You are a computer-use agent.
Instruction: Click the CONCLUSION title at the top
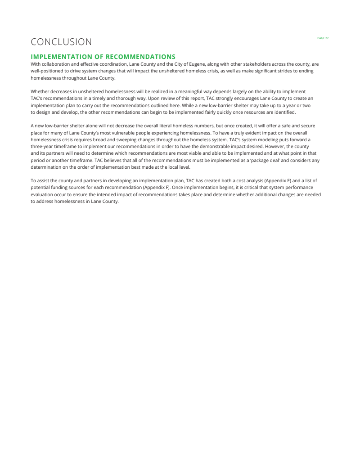pos(61,42)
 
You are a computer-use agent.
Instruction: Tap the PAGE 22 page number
pos(323,38)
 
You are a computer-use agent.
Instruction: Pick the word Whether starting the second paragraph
pos(40,91)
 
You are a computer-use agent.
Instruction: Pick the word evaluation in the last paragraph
pos(42,194)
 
